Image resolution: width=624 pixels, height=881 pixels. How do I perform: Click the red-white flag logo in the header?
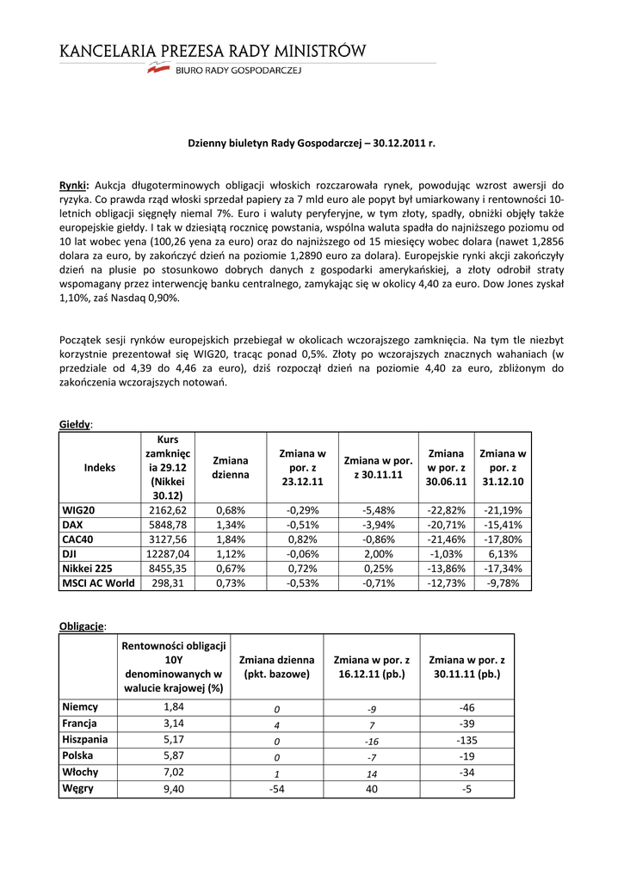158,71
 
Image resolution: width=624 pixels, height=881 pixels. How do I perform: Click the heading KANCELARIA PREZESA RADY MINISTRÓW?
213,52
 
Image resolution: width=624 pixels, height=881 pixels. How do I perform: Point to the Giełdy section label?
76,424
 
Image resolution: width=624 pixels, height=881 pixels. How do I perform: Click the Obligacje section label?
83,625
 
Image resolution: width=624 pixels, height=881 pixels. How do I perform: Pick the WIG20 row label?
78,510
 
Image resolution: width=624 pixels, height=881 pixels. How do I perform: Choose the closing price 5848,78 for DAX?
168,524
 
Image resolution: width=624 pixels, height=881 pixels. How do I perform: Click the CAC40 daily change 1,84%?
231,539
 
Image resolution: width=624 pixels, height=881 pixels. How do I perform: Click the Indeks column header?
100,467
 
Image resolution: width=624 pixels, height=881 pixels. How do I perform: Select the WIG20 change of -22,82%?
446,510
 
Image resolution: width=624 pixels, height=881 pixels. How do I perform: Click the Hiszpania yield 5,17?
174,739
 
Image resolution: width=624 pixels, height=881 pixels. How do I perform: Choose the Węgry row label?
78,787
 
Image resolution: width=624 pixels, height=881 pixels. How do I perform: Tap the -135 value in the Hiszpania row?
466,739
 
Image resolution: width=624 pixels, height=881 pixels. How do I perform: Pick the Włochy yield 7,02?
174,772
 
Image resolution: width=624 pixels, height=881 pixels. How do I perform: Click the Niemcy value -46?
466,707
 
